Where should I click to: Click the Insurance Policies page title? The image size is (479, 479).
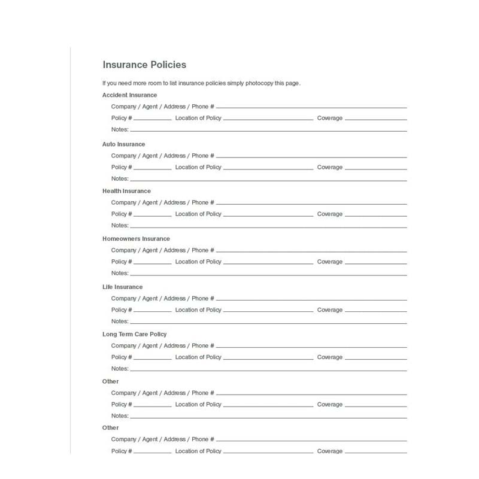click(144, 65)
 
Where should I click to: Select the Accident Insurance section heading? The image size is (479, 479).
click(129, 95)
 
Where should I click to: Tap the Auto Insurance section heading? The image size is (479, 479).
click(123, 144)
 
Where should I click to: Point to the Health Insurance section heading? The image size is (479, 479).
click(126, 191)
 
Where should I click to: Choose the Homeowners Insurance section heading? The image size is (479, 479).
click(136, 239)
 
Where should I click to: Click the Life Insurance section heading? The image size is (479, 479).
click(122, 287)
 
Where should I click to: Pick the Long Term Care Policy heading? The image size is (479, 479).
click(134, 334)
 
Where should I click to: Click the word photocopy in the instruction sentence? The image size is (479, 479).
click(260, 83)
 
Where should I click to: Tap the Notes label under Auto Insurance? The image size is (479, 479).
click(120, 178)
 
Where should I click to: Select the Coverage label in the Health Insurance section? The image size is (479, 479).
click(330, 214)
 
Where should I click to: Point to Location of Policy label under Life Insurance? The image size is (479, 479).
click(198, 310)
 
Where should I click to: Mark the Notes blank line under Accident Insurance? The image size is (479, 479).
click(268, 131)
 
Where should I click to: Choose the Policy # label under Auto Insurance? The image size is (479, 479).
click(122, 167)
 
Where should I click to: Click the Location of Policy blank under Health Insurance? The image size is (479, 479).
click(268, 216)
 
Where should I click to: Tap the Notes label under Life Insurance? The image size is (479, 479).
click(120, 322)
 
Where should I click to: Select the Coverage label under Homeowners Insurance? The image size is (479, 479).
click(330, 262)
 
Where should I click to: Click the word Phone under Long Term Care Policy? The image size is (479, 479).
click(200, 345)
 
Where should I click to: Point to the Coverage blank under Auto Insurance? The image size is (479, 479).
click(376, 169)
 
